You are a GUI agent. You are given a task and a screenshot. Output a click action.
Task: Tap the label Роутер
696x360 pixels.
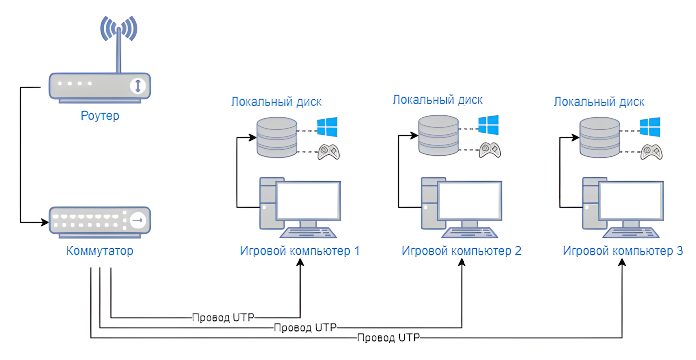pos(100,116)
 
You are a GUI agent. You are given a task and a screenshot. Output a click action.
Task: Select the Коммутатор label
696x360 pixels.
pos(100,251)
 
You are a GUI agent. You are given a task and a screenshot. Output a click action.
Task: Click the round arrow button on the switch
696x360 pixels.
pos(139,220)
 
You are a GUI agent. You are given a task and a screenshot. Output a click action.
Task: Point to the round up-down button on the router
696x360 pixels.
pos(138,86)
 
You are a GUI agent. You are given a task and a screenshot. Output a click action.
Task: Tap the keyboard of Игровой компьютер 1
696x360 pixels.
pos(308,233)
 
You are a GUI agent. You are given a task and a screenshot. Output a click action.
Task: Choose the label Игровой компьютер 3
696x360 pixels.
pos(623,251)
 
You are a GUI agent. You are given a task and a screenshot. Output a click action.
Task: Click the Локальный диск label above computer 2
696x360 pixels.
pos(438,100)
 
